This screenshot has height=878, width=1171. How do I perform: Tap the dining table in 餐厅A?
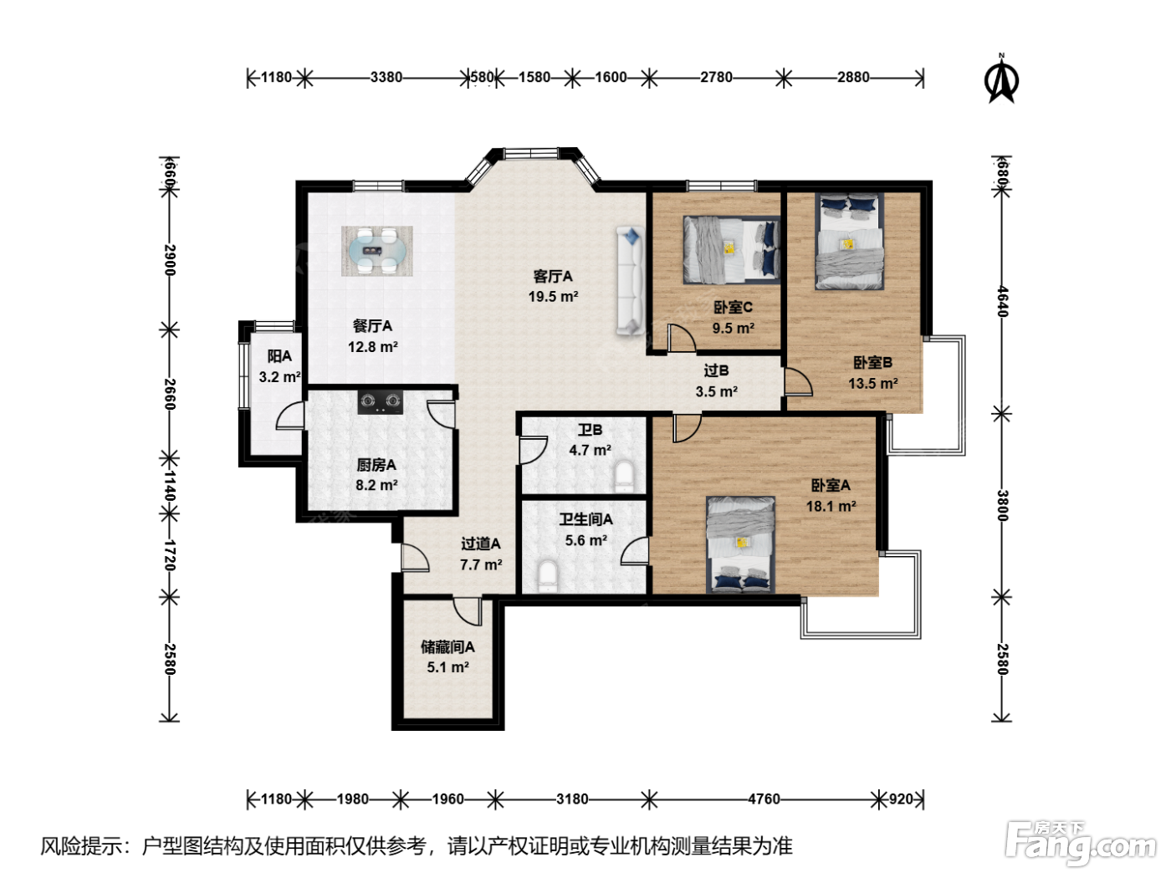pos(377,251)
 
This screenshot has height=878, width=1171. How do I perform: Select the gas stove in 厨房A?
pos(380,401)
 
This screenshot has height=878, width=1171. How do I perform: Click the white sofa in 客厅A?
pos(630,281)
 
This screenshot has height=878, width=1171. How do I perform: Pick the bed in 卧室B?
pos(849,241)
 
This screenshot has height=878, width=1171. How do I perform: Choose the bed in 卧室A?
pos(740,544)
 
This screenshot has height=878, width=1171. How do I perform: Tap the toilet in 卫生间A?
pos(548,576)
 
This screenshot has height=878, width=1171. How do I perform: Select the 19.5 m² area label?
pos(553,296)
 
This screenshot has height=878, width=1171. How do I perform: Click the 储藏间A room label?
pos(447,646)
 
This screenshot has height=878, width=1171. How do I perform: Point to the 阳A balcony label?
pos(279,356)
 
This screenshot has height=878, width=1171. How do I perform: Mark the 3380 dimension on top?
pos(386,77)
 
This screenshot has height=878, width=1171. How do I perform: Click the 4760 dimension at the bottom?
pos(764,799)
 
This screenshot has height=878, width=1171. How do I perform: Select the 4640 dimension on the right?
pos(1002,301)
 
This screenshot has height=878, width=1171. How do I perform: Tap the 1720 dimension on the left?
pos(170,555)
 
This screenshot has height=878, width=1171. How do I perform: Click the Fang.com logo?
pos(1081,842)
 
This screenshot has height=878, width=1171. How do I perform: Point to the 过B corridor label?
pos(716,370)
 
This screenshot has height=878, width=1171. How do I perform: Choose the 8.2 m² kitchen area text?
pos(376,485)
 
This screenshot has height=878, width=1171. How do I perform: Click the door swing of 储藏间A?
pos(468,611)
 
